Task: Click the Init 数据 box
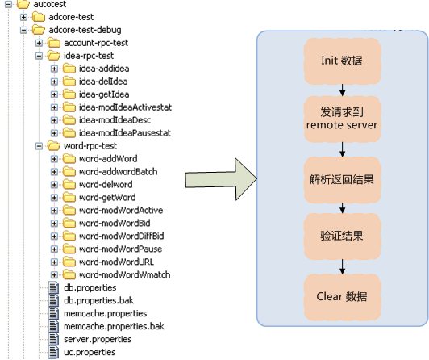coord(342,61)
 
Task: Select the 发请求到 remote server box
coord(342,119)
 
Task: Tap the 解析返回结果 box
coord(342,179)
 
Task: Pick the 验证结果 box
coord(342,236)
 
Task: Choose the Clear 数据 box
coord(342,297)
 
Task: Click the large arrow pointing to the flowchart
coord(221,179)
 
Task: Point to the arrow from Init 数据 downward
coord(342,90)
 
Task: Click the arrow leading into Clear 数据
coord(342,266)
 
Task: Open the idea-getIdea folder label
coord(104,94)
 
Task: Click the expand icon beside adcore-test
coord(24,17)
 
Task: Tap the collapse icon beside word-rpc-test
coord(40,146)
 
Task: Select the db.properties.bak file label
coord(98,300)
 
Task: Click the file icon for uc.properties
coord(53,352)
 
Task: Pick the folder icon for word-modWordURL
coord(69,262)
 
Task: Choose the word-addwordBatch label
coord(119,172)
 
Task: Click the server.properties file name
coord(98,340)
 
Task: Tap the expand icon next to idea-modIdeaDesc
coord(55,120)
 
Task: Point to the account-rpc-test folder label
coord(96,43)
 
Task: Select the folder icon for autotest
coord(23,4)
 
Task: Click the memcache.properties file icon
coord(53,313)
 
